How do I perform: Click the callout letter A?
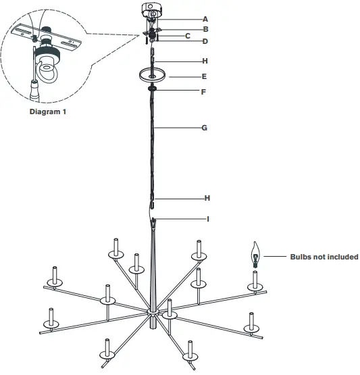(205, 20)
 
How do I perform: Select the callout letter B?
(205, 30)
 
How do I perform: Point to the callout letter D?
(205, 41)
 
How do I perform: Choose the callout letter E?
(205, 78)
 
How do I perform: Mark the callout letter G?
(205, 126)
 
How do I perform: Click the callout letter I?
(207, 219)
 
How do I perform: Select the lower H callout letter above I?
(207, 198)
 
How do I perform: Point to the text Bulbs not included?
(324, 257)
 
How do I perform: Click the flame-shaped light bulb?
(255, 254)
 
